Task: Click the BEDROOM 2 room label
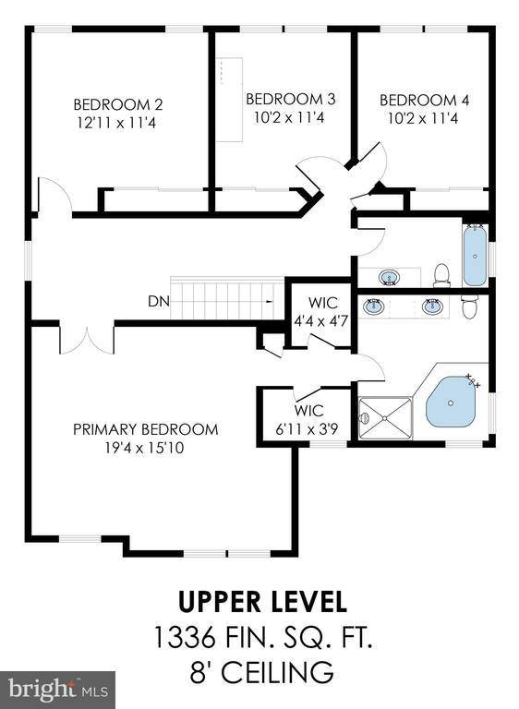point(117,105)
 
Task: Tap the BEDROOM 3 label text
point(291,99)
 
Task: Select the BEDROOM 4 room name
point(424,100)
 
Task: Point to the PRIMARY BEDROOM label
point(145,429)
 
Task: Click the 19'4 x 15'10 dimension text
point(144,448)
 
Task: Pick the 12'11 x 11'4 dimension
point(116,123)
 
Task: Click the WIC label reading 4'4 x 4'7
point(320,321)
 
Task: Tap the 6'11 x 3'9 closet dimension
point(307,429)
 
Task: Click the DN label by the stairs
point(158,301)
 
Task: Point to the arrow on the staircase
point(270,301)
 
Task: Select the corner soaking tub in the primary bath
point(452,402)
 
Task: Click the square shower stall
point(385,418)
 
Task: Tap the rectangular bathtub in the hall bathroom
point(474,256)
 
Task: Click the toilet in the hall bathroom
point(441,276)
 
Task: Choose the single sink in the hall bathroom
point(389,277)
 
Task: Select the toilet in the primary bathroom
point(470,306)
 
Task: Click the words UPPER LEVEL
point(262,602)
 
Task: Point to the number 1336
point(185,637)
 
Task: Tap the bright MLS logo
point(57,690)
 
